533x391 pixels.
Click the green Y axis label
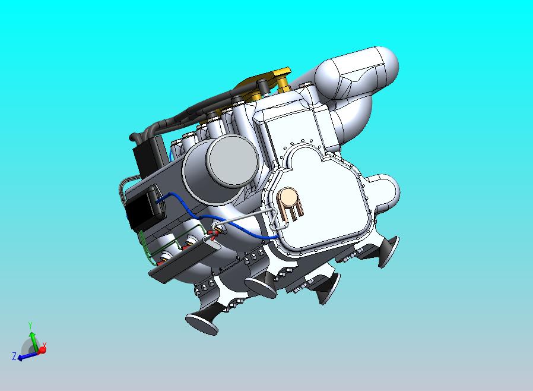[30, 326]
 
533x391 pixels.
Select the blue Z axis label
[14, 357]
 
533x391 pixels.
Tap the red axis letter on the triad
[45, 345]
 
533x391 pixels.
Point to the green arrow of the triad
[33, 340]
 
